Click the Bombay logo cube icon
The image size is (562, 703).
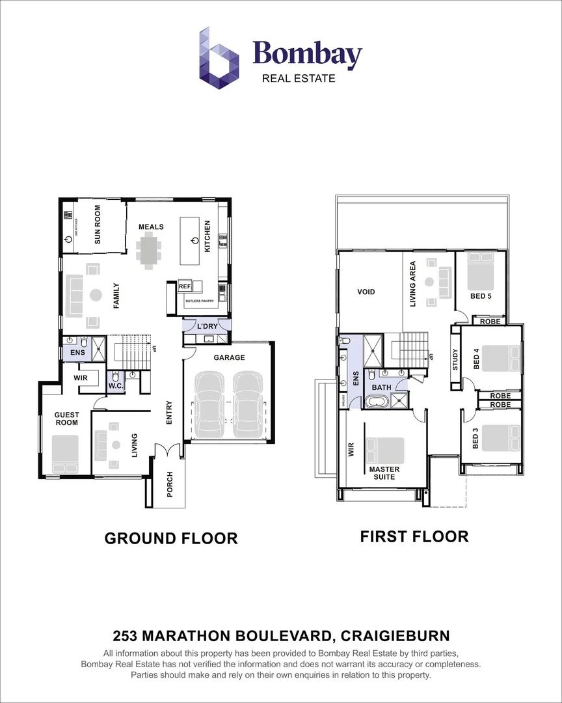pyautogui.click(x=219, y=58)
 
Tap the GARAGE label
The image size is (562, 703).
pyautogui.click(x=229, y=357)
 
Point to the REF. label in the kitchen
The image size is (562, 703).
pyautogui.click(x=184, y=286)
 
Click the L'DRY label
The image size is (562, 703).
pyautogui.click(x=207, y=325)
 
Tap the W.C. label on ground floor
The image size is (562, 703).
pyautogui.click(x=116, y=386)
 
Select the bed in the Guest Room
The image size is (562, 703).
pyautogui.click(x=66, y=454)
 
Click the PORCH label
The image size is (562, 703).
pyautogui.click(x=170, y=484)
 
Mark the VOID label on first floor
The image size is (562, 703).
pyautogui.click(x=366, y=292)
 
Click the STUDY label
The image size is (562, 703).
pyautogui.click(x=455, y=359)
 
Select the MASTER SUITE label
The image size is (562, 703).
pyautogui.click(x=384, y=473)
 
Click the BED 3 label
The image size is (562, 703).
pyautogui.click(x=475, y=439)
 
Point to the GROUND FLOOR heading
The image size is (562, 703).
pyautogui.click(x=171, y=538)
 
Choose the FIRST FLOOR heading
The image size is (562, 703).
pyautogui.click(x=414, y=536)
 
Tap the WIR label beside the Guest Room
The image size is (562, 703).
pyautogui.click(x=81, y=377)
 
